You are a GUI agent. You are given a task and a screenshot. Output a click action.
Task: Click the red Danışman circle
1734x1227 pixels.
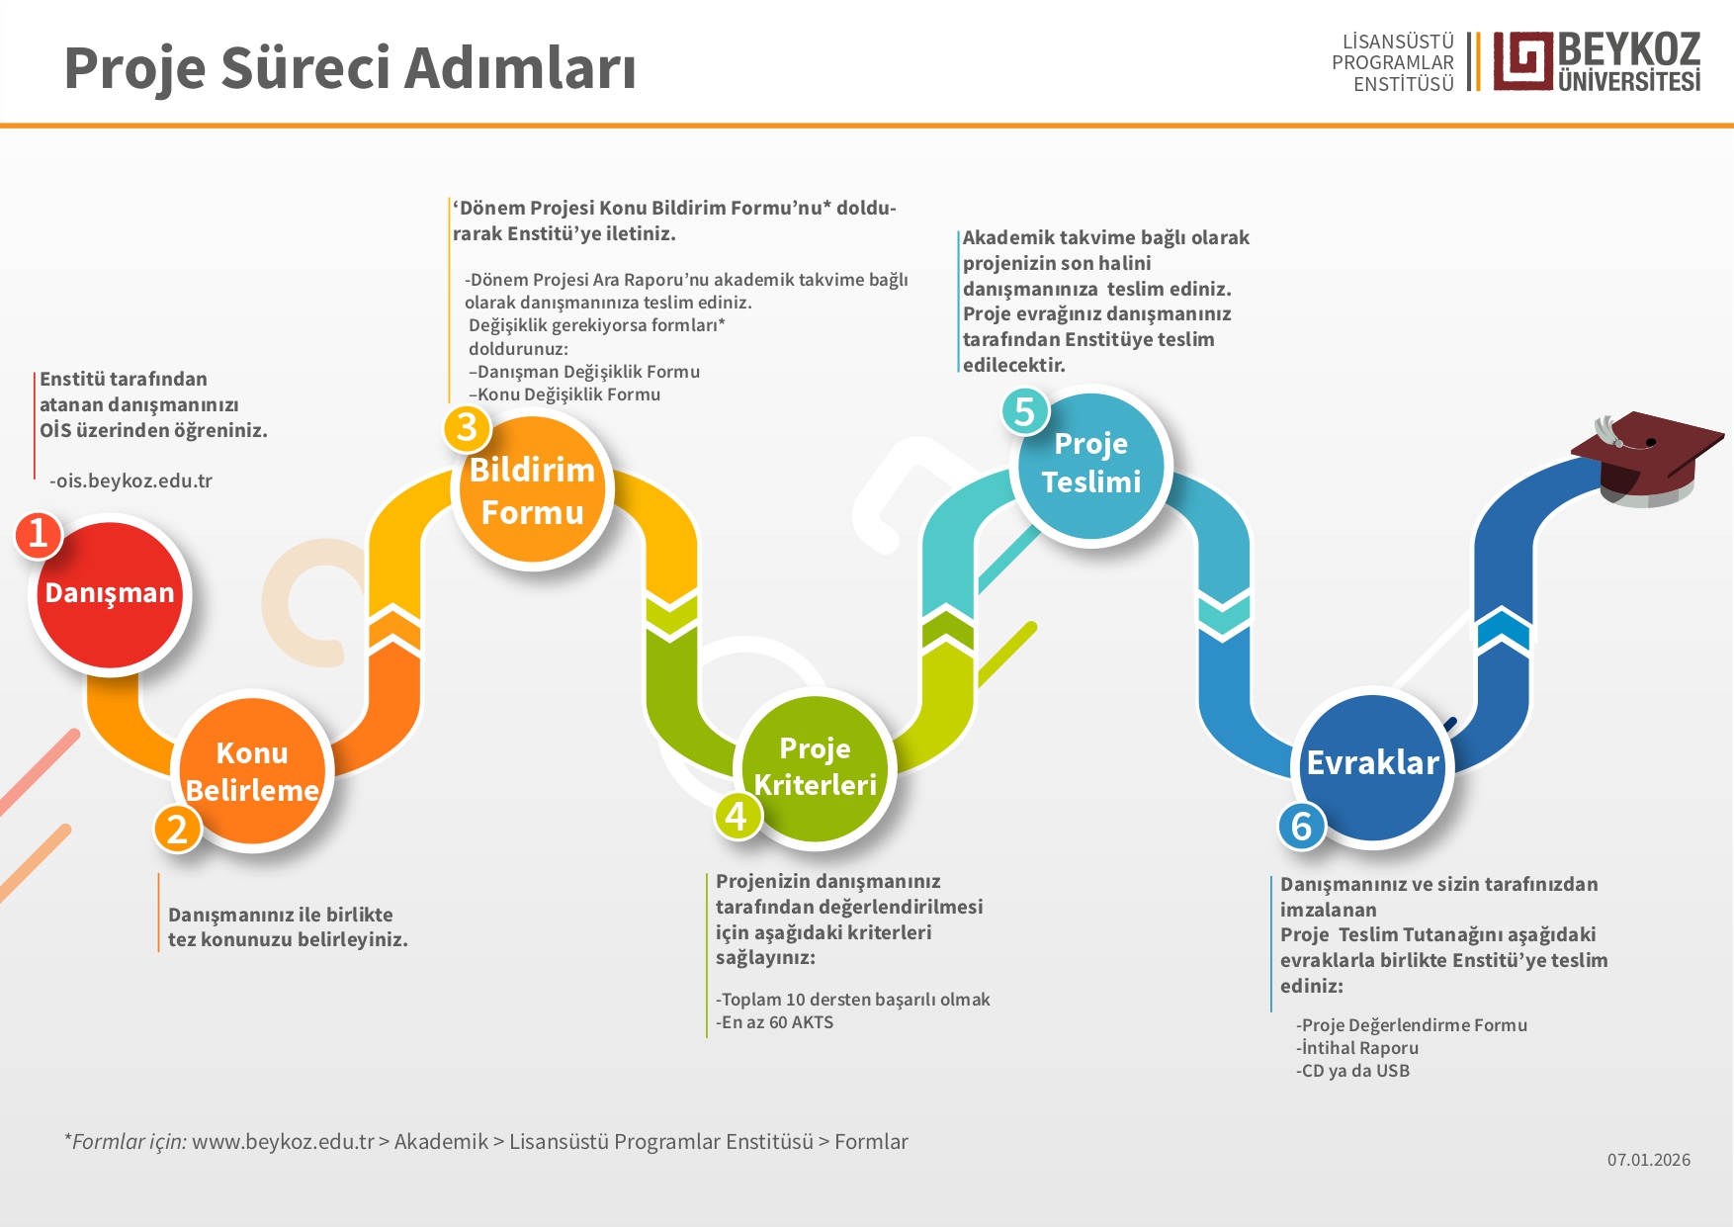[110, 595]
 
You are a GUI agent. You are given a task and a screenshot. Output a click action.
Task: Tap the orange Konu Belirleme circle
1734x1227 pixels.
[252, 771]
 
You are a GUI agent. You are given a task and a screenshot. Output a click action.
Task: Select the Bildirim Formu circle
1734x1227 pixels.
[532, 490]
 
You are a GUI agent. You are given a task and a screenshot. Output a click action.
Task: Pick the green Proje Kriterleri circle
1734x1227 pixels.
[815, 766]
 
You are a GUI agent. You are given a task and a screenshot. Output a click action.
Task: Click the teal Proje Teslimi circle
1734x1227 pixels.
[1091, 465]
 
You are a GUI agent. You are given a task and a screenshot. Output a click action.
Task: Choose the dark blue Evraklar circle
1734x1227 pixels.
[1372, 765]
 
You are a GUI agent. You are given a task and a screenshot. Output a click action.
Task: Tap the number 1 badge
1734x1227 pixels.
[39, 534]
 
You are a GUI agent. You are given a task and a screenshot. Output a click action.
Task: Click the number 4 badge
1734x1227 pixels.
[737, 817]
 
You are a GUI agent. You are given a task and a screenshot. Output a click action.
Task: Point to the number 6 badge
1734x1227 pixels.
[1301, 826]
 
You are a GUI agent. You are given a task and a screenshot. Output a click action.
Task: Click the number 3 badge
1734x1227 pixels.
[467, 427]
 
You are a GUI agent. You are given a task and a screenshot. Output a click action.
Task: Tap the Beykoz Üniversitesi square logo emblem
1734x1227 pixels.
[1522, 61]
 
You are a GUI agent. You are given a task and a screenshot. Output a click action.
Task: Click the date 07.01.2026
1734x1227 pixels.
[1648, 1160]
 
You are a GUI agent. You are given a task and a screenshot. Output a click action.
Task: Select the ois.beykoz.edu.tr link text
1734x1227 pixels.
[133, 482]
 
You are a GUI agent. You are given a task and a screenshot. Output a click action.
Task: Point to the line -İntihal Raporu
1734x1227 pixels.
[1357, 1048]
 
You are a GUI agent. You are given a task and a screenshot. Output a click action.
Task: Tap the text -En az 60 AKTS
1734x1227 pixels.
[775, 1022]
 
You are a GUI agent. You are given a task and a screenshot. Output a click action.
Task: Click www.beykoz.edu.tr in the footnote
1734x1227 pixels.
[283, 1142]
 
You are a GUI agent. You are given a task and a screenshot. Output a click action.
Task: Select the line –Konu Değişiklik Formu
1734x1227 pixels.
[564, 394]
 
